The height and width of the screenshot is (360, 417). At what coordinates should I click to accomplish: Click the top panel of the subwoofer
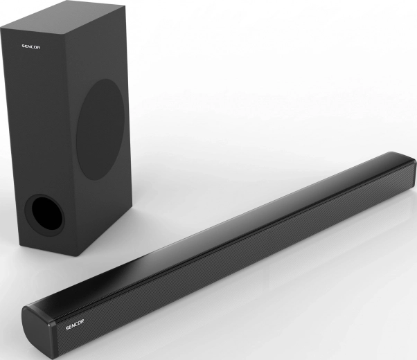click(59, 19)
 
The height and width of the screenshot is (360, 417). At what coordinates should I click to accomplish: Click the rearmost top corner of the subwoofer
click(104, 3)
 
